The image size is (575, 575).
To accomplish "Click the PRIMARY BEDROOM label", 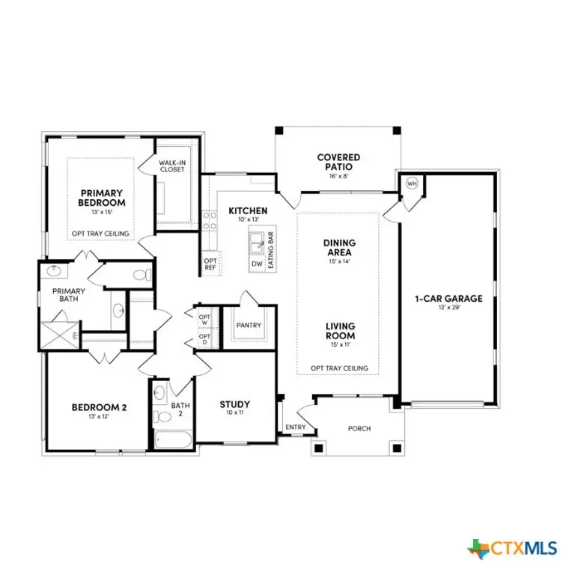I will pyautogui.click(x=102, y=198).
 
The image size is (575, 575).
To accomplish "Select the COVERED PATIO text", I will pyautogui.click(x=338, y=162).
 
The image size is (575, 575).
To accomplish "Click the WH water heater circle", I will pyautogui.click(x=411, y=183).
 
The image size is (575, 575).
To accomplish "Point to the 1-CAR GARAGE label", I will pyautogui.click(x=448, y=298).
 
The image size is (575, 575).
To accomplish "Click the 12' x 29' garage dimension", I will pyautogui.click(x=448, y=308).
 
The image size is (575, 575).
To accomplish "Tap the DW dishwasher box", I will pyautogui.click(x=257, y=264).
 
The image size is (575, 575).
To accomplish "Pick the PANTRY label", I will pyautogui.click(x=248, y=326).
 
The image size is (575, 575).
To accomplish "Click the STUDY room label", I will pyautogui.click(x=234, y=405).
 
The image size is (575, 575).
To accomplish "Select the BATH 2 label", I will pyautogui.click(x=180, y=409).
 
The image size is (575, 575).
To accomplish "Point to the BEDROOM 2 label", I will pyautogui.click(x=99, y=407).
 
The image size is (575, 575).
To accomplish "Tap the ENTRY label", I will pyautogui.click(x=295, y=428).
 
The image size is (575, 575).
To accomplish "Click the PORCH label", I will pyautogui.click(x=360, y=428).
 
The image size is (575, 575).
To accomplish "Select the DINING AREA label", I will pyautogui.click(x=339, y=247).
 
